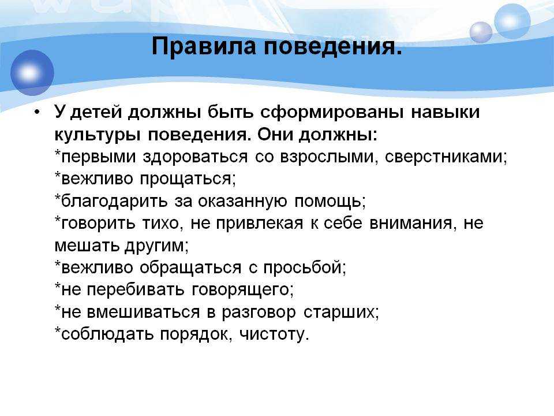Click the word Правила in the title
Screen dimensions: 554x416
point(204,46)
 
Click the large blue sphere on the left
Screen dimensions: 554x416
point(32,73)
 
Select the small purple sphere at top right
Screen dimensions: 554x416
point(481,32)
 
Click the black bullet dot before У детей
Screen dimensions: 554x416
point(37,113)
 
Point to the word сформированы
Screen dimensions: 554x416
point(332,113)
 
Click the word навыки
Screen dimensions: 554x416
point(445,112)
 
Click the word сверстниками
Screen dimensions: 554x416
point(444,157)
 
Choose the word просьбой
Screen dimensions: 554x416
point(303,268)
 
